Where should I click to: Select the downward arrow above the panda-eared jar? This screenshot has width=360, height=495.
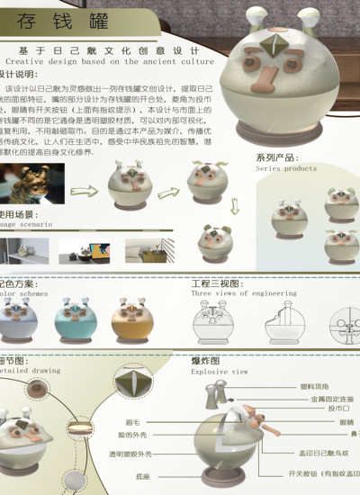click(235, 207)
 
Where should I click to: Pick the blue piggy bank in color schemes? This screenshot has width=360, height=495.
click(74, 319)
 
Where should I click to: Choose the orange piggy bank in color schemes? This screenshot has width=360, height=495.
click(130, 319)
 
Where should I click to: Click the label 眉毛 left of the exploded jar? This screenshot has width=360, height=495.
click(132, 421)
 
